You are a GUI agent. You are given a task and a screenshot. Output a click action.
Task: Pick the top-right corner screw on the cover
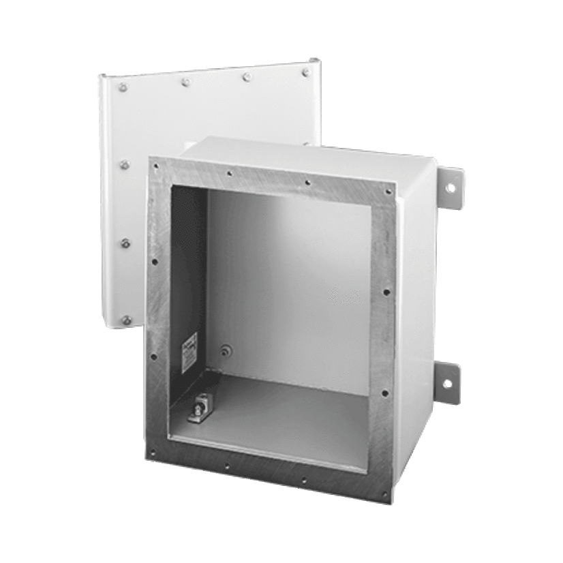coord(306,69)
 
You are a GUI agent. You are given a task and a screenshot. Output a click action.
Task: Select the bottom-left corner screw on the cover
coord(125,319)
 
